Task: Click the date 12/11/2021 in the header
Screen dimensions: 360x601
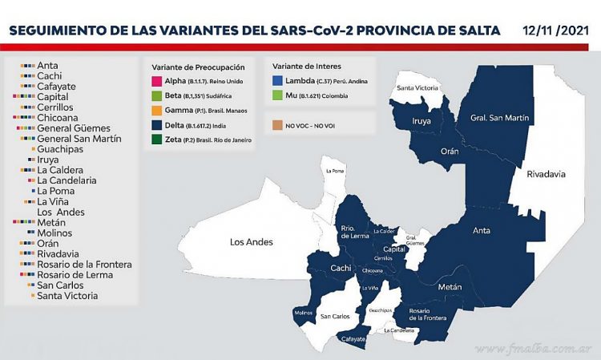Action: (554, 30)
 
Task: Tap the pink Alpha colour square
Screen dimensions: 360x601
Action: (158, 81)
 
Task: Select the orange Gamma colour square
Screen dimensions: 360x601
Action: (158, 111)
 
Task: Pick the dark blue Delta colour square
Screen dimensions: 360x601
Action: (158, 125)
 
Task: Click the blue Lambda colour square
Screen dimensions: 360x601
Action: (277, 81)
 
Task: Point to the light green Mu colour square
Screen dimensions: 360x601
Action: (277, 95)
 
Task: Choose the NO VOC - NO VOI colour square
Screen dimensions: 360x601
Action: (277, 124)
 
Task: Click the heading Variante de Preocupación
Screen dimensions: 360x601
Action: (197, 66)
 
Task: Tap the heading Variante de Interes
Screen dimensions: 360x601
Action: (306, 66)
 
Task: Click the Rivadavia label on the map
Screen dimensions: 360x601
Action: (546, 172)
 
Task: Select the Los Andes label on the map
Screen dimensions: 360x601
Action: (251, 241)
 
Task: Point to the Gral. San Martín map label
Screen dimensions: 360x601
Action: (498, 118)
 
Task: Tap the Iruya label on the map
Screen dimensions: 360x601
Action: (422, 123)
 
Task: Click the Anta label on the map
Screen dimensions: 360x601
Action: (481, 230)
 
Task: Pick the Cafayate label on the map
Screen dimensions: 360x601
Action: (353, 338)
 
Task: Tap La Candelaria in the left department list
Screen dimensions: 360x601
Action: (67, 180)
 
